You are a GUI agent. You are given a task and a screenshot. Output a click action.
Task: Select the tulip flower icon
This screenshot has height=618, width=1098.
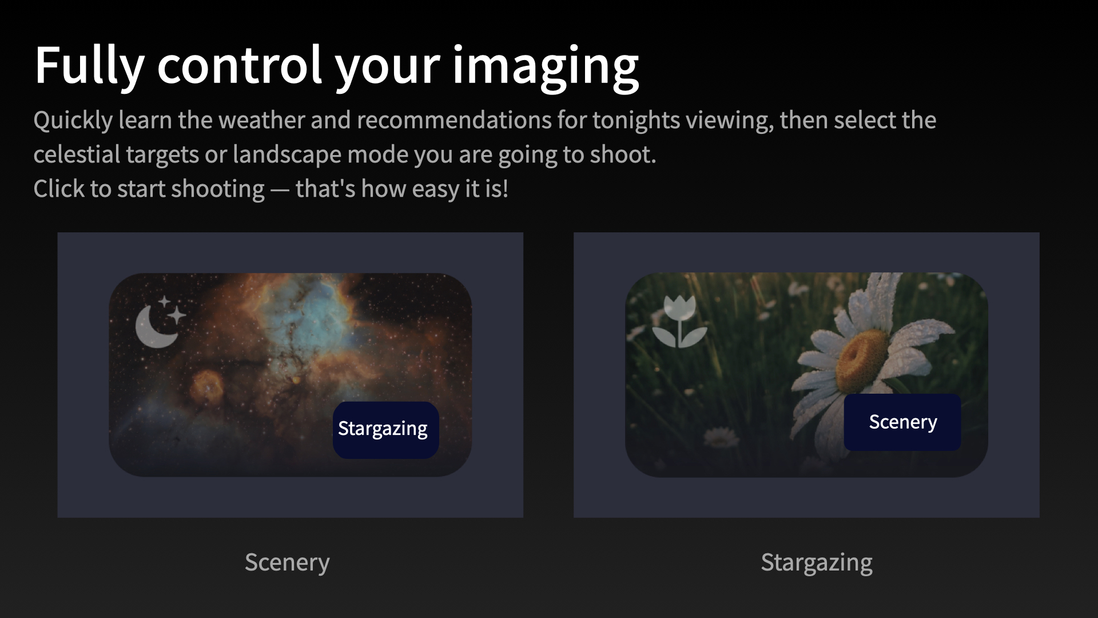[679, 322]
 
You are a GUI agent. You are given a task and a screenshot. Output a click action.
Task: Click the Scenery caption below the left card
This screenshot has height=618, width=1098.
[287, 562]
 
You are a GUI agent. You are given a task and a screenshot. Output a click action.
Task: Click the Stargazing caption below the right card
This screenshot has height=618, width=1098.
[816, 562]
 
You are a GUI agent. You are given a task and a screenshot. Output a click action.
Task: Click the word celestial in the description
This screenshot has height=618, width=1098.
[76, 154]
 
